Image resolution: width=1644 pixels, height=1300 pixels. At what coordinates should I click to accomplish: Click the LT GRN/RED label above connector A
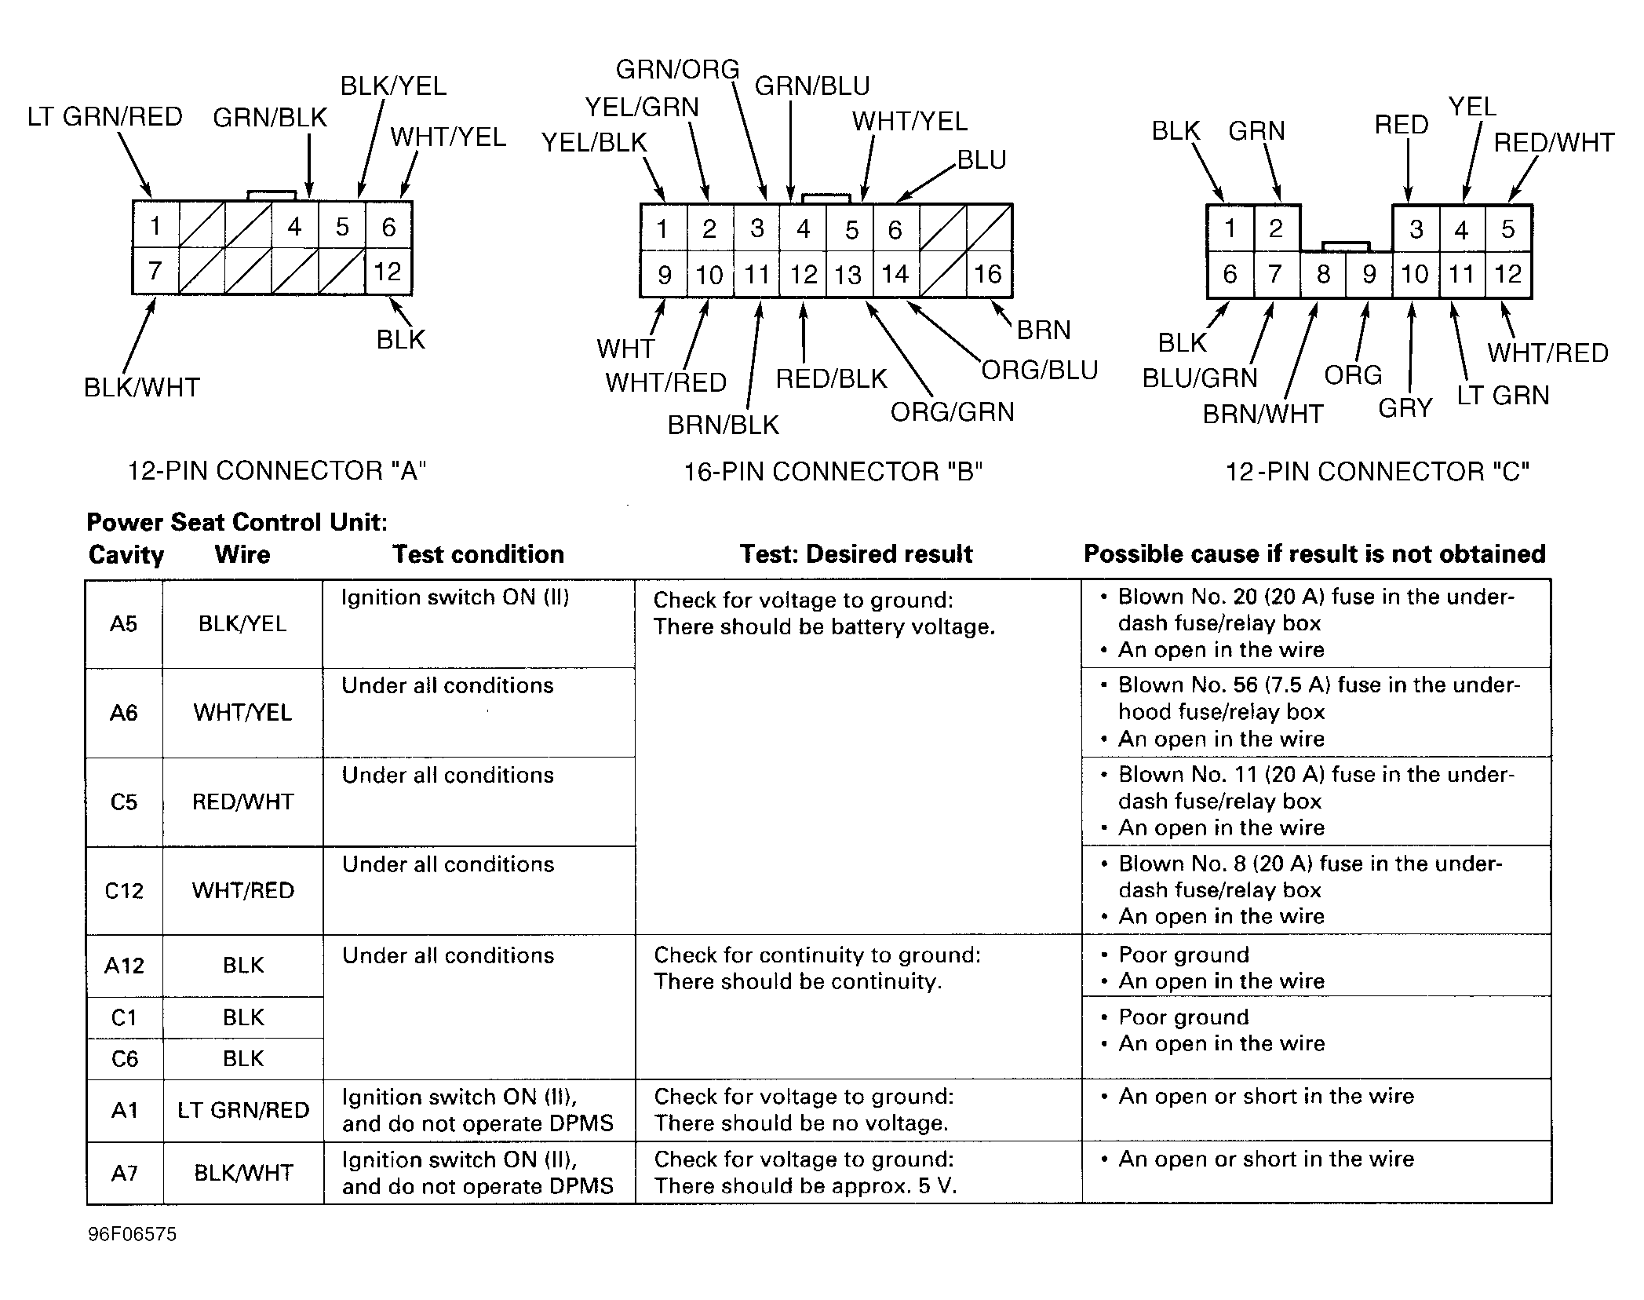[104, 117]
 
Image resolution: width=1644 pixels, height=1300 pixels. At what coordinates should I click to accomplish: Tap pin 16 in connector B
[988, 274]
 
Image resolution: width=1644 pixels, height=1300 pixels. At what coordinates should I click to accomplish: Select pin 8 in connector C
[1323, 275]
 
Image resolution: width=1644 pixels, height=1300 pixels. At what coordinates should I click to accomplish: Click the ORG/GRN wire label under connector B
[952, 412]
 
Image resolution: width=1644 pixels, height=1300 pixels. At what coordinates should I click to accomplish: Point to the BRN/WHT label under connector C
[1263, 414]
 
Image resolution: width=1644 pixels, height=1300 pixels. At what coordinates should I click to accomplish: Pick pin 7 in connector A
[155, 272]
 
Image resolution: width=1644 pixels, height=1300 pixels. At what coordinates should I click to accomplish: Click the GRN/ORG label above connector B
[677, 70]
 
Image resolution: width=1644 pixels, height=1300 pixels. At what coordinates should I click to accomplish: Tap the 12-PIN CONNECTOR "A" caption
[276, 471]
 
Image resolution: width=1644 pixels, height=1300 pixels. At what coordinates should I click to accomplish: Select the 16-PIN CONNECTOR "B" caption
[833, 472]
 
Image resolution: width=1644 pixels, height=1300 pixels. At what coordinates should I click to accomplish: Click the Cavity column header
[126, 555]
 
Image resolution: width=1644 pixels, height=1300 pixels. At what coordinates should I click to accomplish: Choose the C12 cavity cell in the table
[124, 891]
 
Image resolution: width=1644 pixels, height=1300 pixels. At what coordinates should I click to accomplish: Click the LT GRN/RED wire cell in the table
[243, 1110]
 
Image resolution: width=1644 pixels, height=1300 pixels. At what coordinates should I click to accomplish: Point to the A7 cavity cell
[124, 1173]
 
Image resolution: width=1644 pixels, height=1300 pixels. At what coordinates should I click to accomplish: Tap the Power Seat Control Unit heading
[236, 523]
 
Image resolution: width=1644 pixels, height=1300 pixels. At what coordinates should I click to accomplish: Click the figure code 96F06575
[132, 1234]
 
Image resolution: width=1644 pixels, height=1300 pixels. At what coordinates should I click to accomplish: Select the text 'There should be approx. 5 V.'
[805, 1186]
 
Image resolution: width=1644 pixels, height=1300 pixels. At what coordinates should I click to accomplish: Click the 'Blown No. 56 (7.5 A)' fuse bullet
[1318, 685]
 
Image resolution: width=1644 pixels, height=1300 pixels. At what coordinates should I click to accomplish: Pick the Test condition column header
[478, 555]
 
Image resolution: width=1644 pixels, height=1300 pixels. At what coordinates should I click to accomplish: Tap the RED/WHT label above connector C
[1553, 143]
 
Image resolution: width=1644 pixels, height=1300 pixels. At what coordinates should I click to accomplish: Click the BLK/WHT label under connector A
[142, 388]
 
